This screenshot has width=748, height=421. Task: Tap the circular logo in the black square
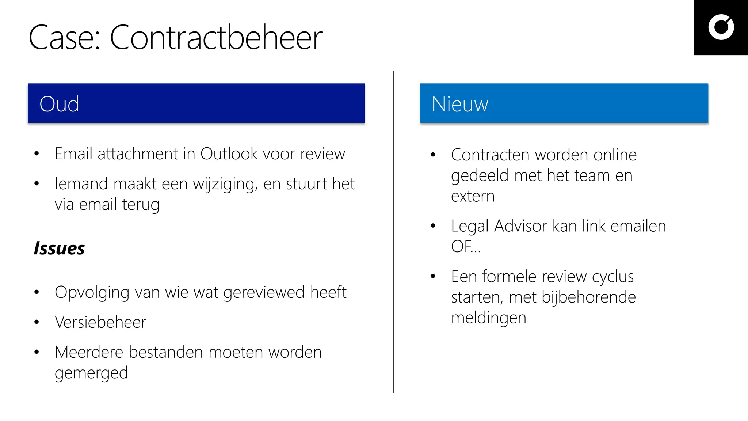pyautogui.click(x=721, y=27)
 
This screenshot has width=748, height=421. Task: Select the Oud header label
pyautogui.click(x=59, y=104)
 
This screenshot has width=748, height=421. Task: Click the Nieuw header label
pyautogui.click(x=460, y=104)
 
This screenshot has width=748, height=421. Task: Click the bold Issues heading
pyautogui.click(x=59, y=249)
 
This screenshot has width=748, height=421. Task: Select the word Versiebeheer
pyautogui.click(x=100, y=322)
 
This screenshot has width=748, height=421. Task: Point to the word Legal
pyautogui.click(x=470, y=226)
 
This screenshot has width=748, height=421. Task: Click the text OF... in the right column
pyautogui.click(x=466, y=247)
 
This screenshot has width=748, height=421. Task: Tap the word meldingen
pyautogui.click(x=489, y=318)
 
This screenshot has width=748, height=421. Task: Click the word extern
pyautogui.click(x=473, y=196)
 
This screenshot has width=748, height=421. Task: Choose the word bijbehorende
pyautogui.click(x=589, y=297)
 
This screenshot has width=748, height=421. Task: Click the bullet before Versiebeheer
pyautogui.click(x=37, y=322)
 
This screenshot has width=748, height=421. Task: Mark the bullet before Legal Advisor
pyautogui.click(x=433, y=226)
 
